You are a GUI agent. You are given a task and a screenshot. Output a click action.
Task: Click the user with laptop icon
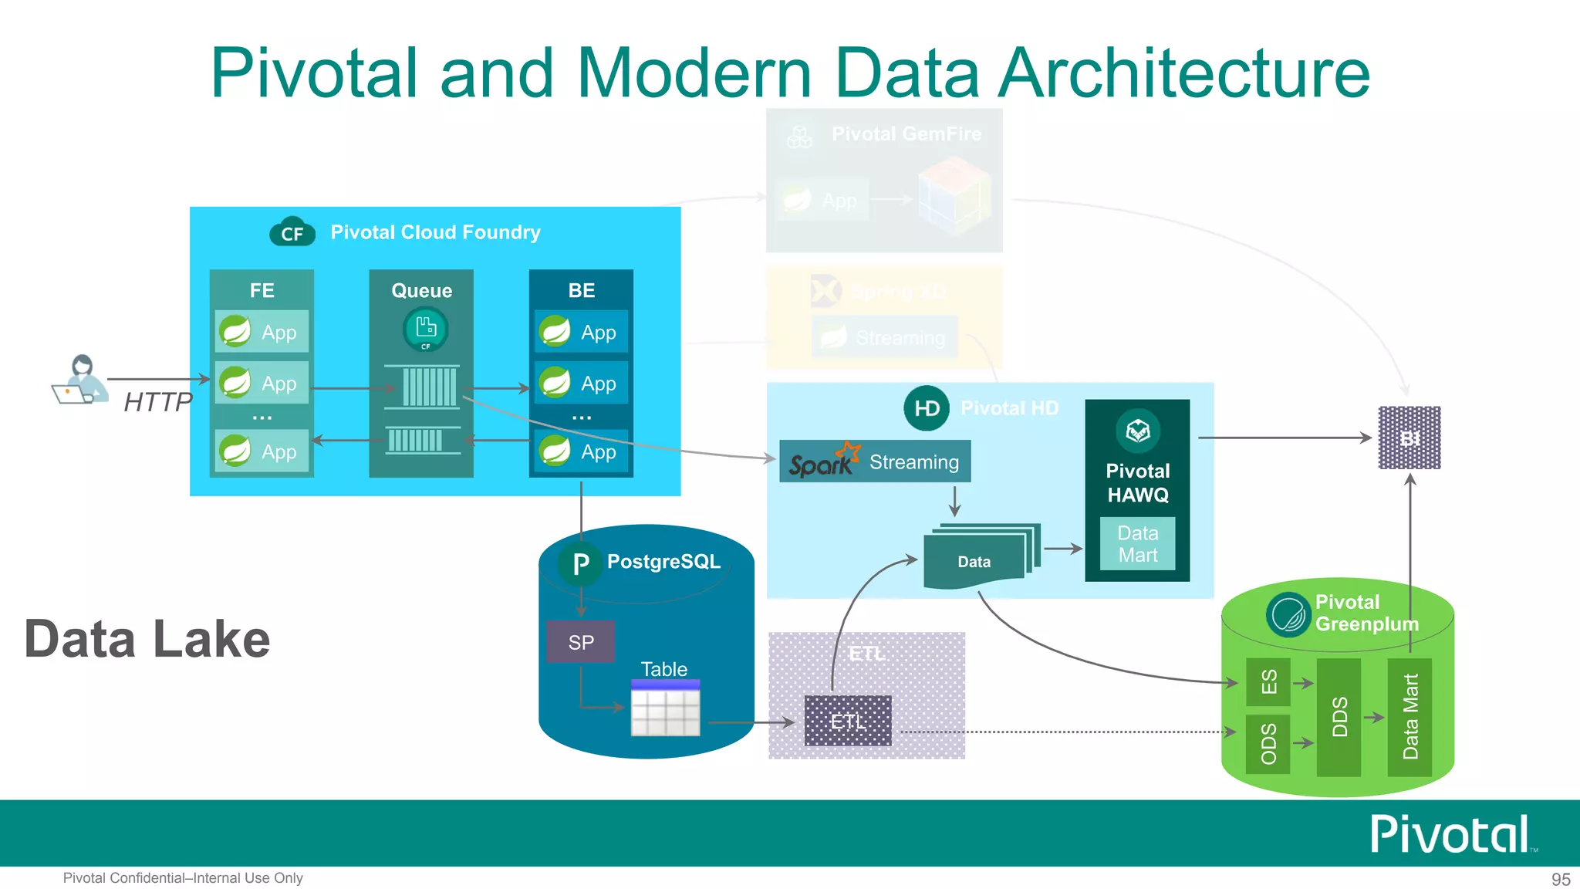[x=80, y=379]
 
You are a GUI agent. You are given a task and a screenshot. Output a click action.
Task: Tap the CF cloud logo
[x=292, y=232]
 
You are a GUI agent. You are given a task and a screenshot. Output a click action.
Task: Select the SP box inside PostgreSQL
[x=581, y=642]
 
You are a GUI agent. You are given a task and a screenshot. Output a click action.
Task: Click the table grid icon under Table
[x=665, y=708]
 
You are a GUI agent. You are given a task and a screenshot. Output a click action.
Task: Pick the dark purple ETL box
[x=848, y=721]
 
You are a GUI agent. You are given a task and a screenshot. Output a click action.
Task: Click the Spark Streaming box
[x=875, y=461]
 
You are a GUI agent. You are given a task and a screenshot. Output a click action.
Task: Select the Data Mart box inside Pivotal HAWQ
[x=1137, y=544]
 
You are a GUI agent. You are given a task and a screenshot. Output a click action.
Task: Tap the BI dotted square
[x=1410, y=438]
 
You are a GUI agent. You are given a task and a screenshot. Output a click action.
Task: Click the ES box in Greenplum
[x=1268, y=682]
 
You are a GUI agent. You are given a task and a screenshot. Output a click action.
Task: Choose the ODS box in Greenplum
[x=1268, y=743]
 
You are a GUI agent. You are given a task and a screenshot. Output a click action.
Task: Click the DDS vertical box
[x=1339, y=717]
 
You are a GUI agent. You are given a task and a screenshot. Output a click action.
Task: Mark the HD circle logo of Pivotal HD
[x=926, y=408]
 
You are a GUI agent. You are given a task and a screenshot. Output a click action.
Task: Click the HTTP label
[x=157, y=402]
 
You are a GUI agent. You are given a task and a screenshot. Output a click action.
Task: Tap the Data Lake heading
[x=147, y=639]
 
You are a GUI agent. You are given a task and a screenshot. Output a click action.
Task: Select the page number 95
[x=1560, y=879]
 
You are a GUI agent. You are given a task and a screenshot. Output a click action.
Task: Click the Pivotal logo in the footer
[x=1450, y=833]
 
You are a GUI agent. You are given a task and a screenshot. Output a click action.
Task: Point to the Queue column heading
[x=421, y=290]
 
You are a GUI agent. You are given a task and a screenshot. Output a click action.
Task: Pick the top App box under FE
[x=262, y=332]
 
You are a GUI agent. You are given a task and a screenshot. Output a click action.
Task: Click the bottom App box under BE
[x=582, y=451]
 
